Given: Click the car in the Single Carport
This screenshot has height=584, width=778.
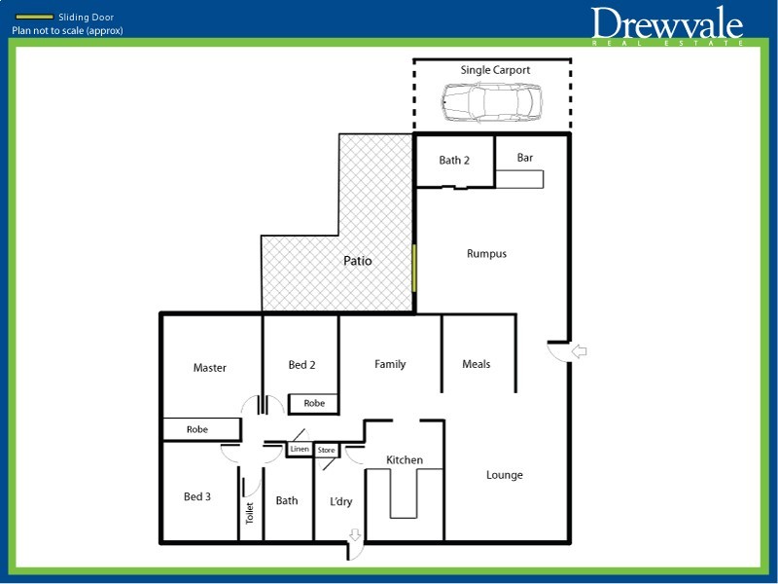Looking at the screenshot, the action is coord(492,102).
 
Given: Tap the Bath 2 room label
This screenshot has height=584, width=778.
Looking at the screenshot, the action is coord(454,160).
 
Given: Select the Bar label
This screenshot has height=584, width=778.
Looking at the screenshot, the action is coord(524,158).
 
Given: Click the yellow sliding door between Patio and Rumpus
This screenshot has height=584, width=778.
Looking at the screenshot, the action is coord(414,269).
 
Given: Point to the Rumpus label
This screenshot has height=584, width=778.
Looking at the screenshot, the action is coord(486,254).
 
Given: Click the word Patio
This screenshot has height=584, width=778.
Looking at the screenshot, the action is coord(357,260).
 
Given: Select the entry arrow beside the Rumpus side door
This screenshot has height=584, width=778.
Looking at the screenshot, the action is coord(579,351).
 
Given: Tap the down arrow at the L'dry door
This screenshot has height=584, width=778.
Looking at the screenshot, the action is coord(355,534).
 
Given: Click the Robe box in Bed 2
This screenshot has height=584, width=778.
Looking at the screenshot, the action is coord(314,403).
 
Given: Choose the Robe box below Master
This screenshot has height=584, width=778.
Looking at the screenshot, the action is coord(202,429).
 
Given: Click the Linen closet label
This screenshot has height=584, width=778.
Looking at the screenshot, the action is coord(300,449).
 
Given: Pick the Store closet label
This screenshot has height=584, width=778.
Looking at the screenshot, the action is coord(326,450).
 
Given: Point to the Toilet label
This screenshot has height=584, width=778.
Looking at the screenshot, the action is coord(250,513).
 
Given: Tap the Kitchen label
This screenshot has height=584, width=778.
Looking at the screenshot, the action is coord(405,459).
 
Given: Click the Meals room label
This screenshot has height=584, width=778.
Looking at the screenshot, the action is coord(476,364).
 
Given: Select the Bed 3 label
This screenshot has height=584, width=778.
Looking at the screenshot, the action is coord(197,496).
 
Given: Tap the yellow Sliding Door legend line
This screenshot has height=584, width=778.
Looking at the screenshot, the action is coord(34,17).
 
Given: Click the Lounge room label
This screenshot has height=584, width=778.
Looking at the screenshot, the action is coord(504,475).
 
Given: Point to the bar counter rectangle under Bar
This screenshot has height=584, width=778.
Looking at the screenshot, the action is coord(519,179).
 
